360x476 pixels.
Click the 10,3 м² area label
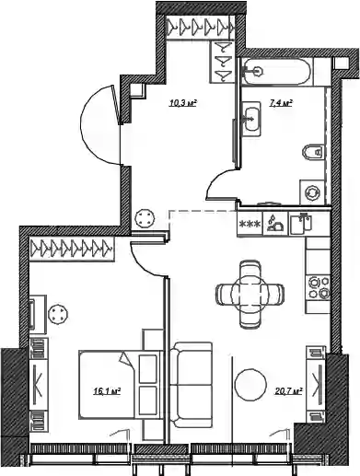click(182, 103)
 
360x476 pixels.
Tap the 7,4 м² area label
click(280, 103)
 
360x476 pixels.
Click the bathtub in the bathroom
click(277, 71)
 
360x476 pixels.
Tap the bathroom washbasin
click(251, 120)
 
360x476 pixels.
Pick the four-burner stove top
click(319, 287)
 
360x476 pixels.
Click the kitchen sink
click(301, 224)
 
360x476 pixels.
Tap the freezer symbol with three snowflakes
click(250, 224)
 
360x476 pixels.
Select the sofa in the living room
click(191, 385)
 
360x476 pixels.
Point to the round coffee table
click(250, 384)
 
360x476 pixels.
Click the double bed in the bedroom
click(120, 385)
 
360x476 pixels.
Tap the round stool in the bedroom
click(58, 314)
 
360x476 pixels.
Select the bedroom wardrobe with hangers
click(71, 249)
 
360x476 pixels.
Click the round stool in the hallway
click(145, 218)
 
